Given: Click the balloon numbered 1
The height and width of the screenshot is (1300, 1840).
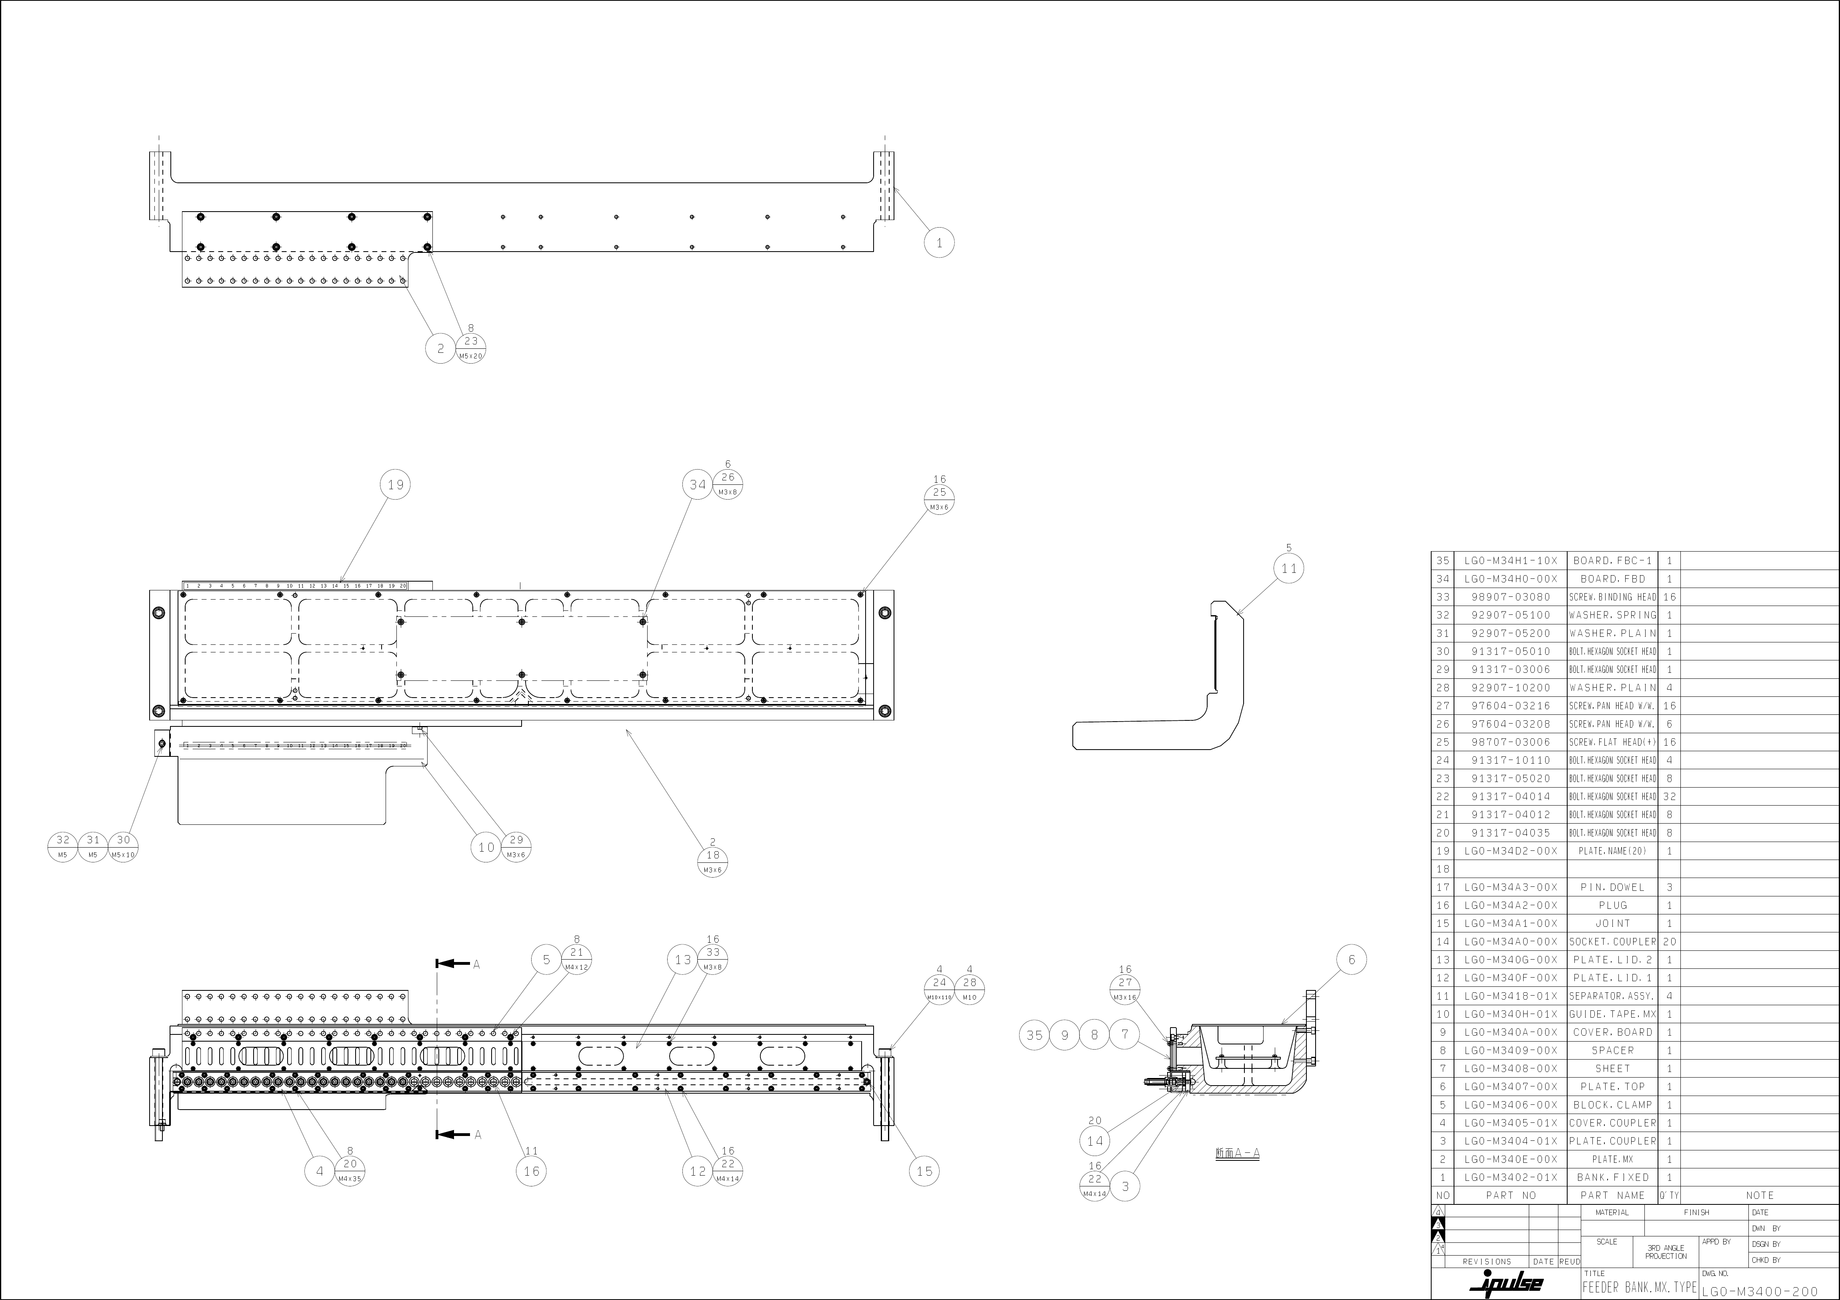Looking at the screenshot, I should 939,243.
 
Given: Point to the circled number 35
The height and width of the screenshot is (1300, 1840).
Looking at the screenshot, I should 1034,1035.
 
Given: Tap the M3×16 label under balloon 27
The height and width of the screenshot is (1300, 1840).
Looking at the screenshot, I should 1125,998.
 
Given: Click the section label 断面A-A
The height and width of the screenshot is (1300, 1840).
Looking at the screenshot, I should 1237,1153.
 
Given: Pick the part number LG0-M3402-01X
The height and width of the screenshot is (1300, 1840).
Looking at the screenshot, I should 1511,1177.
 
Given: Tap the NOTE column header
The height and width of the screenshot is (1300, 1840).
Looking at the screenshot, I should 1760,1195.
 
